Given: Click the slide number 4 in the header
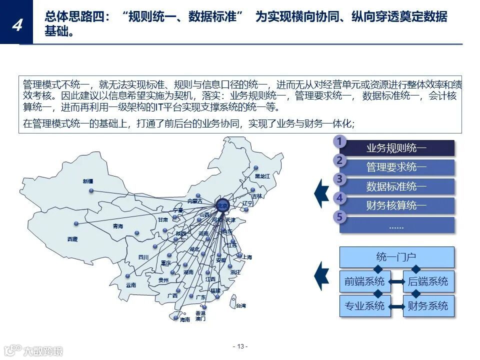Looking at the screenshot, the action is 16,24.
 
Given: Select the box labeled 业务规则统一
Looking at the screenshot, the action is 396,148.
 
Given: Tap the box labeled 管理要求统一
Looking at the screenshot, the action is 396,167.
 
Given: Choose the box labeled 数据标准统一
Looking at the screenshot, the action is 396,186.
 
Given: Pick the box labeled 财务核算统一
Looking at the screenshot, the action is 396,205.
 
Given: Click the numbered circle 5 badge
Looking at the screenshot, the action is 339,217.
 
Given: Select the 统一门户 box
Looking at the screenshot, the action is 396,257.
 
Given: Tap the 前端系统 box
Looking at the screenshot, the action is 364,281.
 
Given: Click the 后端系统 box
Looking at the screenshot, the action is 428,281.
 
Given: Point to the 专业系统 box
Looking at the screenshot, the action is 364,305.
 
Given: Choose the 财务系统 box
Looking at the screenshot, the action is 428,305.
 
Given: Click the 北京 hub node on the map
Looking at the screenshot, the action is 222,205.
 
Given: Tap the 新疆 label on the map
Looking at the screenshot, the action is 88,181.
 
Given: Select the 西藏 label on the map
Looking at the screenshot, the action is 72,239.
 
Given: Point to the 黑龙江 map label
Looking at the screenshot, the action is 262,176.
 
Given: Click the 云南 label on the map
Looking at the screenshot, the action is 131,285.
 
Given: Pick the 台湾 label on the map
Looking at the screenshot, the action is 241,305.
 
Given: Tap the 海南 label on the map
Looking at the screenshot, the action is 185,319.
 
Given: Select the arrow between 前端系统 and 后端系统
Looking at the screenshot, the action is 396,282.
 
